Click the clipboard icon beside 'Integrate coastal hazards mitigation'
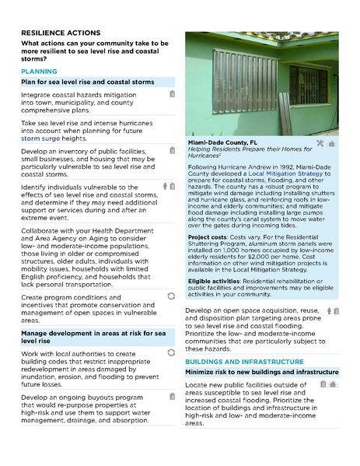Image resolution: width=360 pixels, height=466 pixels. click(x=172, y=94)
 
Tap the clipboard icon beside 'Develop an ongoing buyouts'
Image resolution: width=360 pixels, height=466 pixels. click(x=172, y=398)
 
